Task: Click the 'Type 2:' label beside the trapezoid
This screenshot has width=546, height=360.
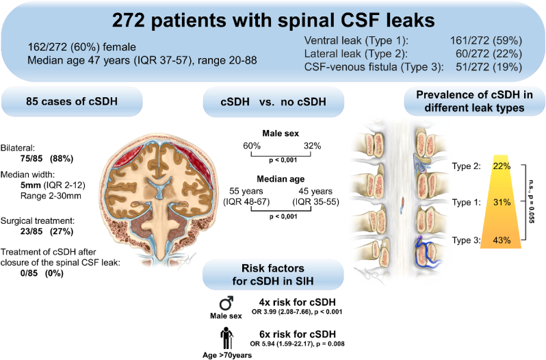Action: tap(467, 166)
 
